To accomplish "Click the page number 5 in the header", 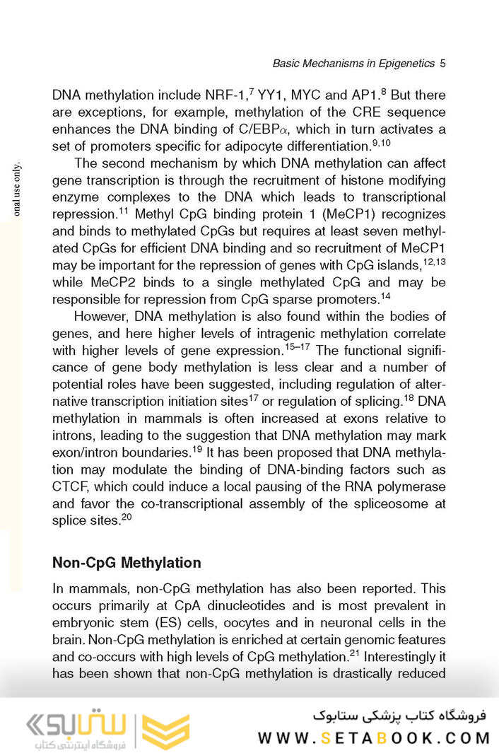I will (x=442, y=64).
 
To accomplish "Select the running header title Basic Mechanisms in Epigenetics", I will (x=353, y=64).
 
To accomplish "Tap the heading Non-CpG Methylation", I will (x=127, y=563).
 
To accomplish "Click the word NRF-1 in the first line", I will (x=226, y=95).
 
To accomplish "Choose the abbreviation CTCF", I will (x=70, y=486).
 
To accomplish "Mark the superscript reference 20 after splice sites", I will (x=127, y=518).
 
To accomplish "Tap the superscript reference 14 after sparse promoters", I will (x=385, y=296).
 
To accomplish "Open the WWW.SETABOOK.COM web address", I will (x=374, y=738).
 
